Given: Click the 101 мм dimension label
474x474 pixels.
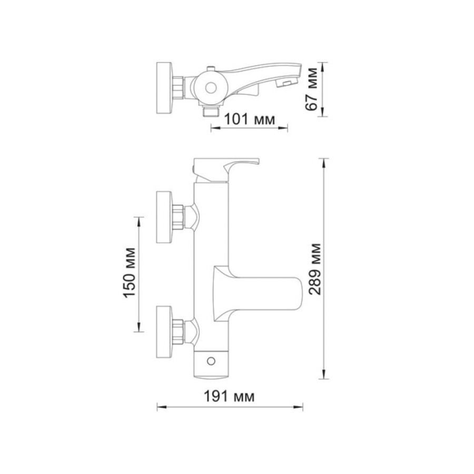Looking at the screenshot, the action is pyautogui.click(x=250, y=119).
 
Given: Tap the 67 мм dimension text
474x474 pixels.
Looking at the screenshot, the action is pyautogui.click(x=311, y=89).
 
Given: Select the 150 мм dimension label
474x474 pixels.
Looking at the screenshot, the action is pyautogui.click(x=130, y=273).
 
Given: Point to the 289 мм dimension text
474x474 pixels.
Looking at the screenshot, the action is pyautogui.click(x=314, y=269).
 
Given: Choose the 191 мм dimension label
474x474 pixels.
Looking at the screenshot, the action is pyautogui.click(x=229, y=396).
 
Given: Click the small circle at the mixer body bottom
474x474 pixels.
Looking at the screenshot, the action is pyautogui.click(x=211, y=361).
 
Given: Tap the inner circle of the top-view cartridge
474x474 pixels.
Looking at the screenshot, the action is pyautogui.click(x=211, y=88).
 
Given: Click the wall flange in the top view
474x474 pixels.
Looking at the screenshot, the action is pyautogui.click(x=164, y=88).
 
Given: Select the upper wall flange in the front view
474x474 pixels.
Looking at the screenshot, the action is pyautogui.click(x=164, y=217).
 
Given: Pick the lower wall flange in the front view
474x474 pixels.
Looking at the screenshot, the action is pyautogui.click(x=164, y=332).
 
